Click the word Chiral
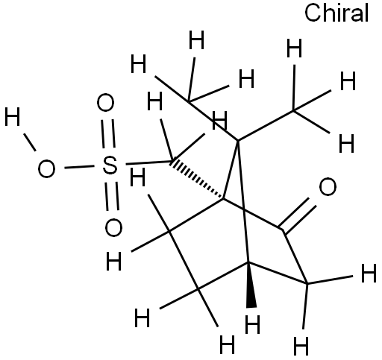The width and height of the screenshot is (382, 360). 336,13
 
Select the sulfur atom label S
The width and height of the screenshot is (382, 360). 110,165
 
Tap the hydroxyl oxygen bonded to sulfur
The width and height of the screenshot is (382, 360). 46,168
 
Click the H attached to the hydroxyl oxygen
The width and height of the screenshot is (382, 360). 12,116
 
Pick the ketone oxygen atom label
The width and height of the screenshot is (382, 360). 328,186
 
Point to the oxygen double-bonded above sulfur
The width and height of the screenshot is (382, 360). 105,103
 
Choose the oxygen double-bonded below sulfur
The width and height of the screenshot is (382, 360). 113,227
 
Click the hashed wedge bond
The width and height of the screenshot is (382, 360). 196,180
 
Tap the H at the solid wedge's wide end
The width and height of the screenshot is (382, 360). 252,324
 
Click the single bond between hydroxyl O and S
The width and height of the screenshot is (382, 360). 79,167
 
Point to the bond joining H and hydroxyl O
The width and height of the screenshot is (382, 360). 30,142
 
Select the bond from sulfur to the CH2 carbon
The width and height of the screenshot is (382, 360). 148,163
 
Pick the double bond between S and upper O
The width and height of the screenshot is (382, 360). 108,133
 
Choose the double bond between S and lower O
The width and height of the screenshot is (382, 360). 112,197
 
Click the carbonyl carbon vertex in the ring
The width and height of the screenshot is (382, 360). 283,230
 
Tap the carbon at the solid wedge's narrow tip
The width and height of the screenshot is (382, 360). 248,262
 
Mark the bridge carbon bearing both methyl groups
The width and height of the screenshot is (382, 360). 237,141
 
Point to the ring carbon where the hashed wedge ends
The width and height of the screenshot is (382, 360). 223,198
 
